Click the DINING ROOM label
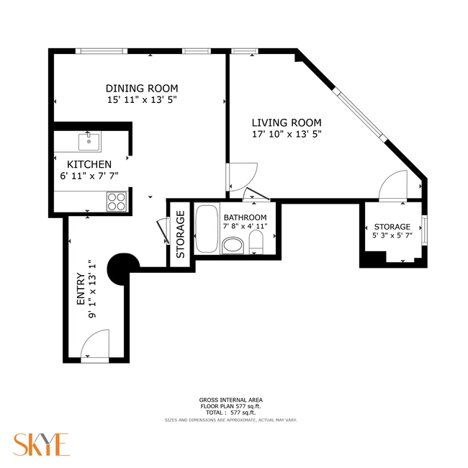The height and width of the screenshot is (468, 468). (x=142, y=89)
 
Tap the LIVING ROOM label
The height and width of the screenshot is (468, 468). (x=286, y=122)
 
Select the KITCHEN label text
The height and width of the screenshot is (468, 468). (x=89, y=164)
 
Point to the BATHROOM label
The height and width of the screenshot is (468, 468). (x=245, y=217)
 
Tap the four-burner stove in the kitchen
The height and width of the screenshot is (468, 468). (x=117, y=201)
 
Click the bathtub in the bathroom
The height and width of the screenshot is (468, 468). (x=206, y=229)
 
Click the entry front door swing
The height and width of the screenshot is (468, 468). (x=96, y=348)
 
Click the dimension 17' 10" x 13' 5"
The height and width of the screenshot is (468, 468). (x=286, y=134)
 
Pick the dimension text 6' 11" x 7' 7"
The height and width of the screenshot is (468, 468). (x=89, y=175)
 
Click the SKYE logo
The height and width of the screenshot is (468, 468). (x=40, y=444)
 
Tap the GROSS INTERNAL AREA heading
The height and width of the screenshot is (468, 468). (x=230, y=400)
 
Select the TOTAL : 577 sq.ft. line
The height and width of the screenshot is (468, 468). (x=230, y=413)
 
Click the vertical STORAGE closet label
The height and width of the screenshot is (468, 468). (x=181, y=233)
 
